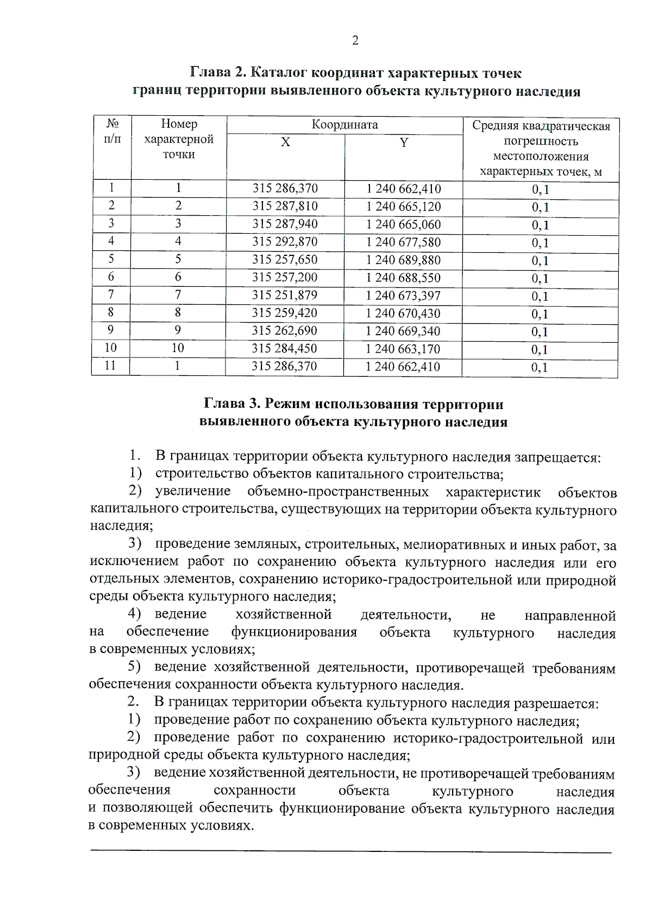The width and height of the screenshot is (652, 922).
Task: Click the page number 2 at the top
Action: tap(355, 41)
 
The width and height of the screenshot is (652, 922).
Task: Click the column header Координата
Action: tap(344, 125)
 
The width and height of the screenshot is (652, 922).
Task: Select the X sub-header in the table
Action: tap(285, 142)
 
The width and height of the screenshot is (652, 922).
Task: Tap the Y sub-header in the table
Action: tap(404, 143)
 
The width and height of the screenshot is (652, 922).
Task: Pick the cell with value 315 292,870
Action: tap(285, 242)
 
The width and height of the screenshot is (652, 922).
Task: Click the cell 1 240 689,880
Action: tap(403, 260)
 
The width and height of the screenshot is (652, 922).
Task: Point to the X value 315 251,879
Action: tap(285, 295)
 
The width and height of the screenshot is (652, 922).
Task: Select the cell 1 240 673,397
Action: tap(403, 296)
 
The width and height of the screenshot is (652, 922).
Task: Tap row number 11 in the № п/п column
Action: tap(110, 366)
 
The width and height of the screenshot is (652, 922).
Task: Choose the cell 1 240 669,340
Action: tap(403, 331)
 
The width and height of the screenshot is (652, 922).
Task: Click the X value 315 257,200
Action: tap(285, 278)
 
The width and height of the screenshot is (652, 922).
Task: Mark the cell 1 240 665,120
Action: tap(403, 207)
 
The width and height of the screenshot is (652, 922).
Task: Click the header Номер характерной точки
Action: tap(179, 139)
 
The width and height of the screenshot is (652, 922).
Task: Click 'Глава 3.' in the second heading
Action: tap(230, 405)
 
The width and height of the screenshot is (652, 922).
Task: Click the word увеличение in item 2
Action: tap(192, 492)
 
